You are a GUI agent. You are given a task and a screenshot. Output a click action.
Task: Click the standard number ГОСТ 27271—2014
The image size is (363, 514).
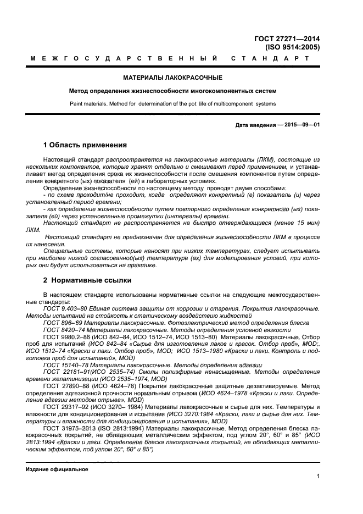287,38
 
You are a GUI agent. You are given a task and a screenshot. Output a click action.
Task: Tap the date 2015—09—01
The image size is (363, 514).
301,125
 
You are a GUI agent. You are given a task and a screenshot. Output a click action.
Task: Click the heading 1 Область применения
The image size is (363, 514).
85,146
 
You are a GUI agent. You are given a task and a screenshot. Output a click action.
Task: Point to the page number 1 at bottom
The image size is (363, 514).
318,477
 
